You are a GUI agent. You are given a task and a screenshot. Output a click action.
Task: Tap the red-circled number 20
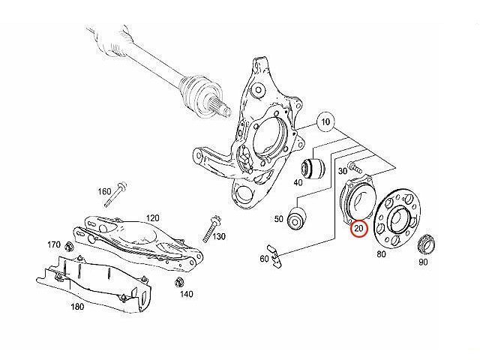click(358, 228)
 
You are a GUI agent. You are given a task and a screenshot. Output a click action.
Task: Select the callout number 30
click(343, 171)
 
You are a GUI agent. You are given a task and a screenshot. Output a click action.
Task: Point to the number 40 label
click(298, 181)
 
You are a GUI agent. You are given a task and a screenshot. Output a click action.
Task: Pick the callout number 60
click(264, 259)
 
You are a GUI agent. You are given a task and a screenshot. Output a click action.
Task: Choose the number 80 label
click(381, 254)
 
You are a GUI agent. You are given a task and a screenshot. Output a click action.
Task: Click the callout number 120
click(152, 217)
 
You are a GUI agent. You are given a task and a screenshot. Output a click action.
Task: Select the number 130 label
click(219, 237)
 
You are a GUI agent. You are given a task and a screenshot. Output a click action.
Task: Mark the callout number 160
click(104, 191)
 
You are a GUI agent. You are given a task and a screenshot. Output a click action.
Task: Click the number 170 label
click(53, 245)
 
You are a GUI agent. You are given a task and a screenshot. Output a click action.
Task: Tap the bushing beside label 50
click(297, 218)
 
